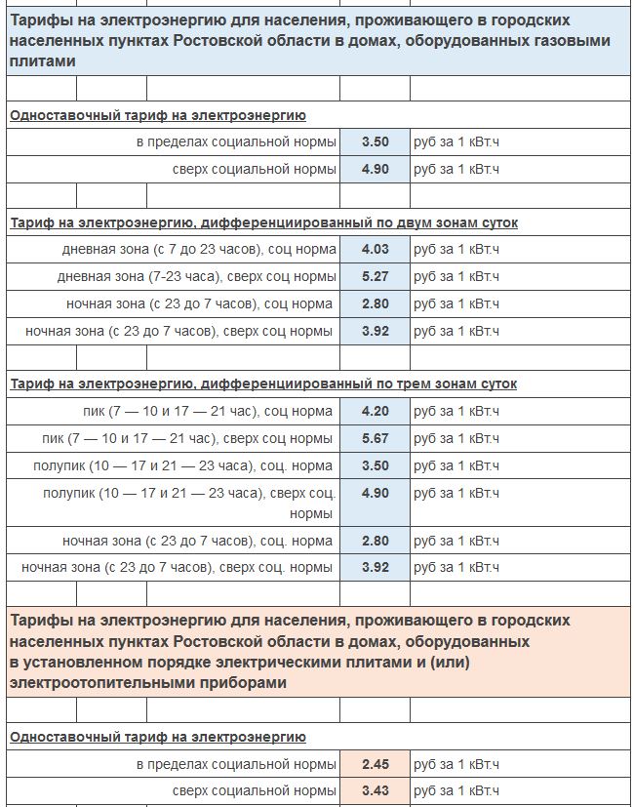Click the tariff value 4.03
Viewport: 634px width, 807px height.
coord(375,250)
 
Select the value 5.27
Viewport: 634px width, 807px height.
coord(375,277)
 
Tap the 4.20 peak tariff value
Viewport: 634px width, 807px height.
coord(375,412)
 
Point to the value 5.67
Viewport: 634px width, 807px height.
coord(375,439)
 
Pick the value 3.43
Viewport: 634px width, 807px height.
coord(375,791)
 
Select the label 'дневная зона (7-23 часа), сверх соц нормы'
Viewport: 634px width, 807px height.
coord(196,277)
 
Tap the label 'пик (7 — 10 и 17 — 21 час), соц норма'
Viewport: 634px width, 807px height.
coord(208,412)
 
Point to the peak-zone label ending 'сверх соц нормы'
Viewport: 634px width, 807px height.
coord(187,439)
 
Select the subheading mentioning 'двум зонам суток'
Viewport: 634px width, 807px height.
coord(263,223)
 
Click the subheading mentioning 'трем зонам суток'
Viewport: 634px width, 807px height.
coord(263,384)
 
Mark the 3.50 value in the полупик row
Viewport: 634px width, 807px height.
coord(375,466)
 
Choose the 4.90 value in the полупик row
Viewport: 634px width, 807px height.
coord(375,494)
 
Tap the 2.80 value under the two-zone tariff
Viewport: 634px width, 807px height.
coord(375,304)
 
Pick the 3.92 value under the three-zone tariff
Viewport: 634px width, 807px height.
coord(375,567)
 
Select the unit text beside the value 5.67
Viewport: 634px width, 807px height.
coord(456,439)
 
